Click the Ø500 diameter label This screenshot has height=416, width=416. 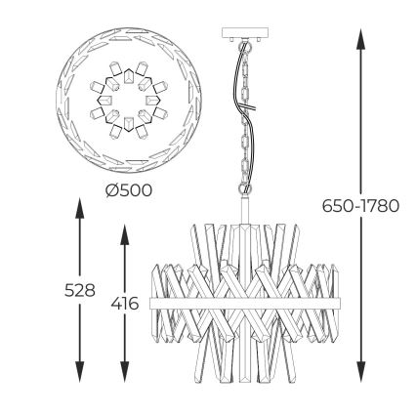129,190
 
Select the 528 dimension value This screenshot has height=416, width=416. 80,290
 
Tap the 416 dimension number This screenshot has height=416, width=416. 125,304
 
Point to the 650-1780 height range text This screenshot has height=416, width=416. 360,206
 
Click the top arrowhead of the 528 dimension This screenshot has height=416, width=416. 80,208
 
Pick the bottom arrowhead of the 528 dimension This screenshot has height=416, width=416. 80,371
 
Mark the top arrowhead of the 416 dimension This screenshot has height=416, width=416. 125,234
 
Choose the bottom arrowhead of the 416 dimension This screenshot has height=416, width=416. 125,371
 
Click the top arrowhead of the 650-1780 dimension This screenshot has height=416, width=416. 360,39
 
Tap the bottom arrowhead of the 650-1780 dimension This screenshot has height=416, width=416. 360,371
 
